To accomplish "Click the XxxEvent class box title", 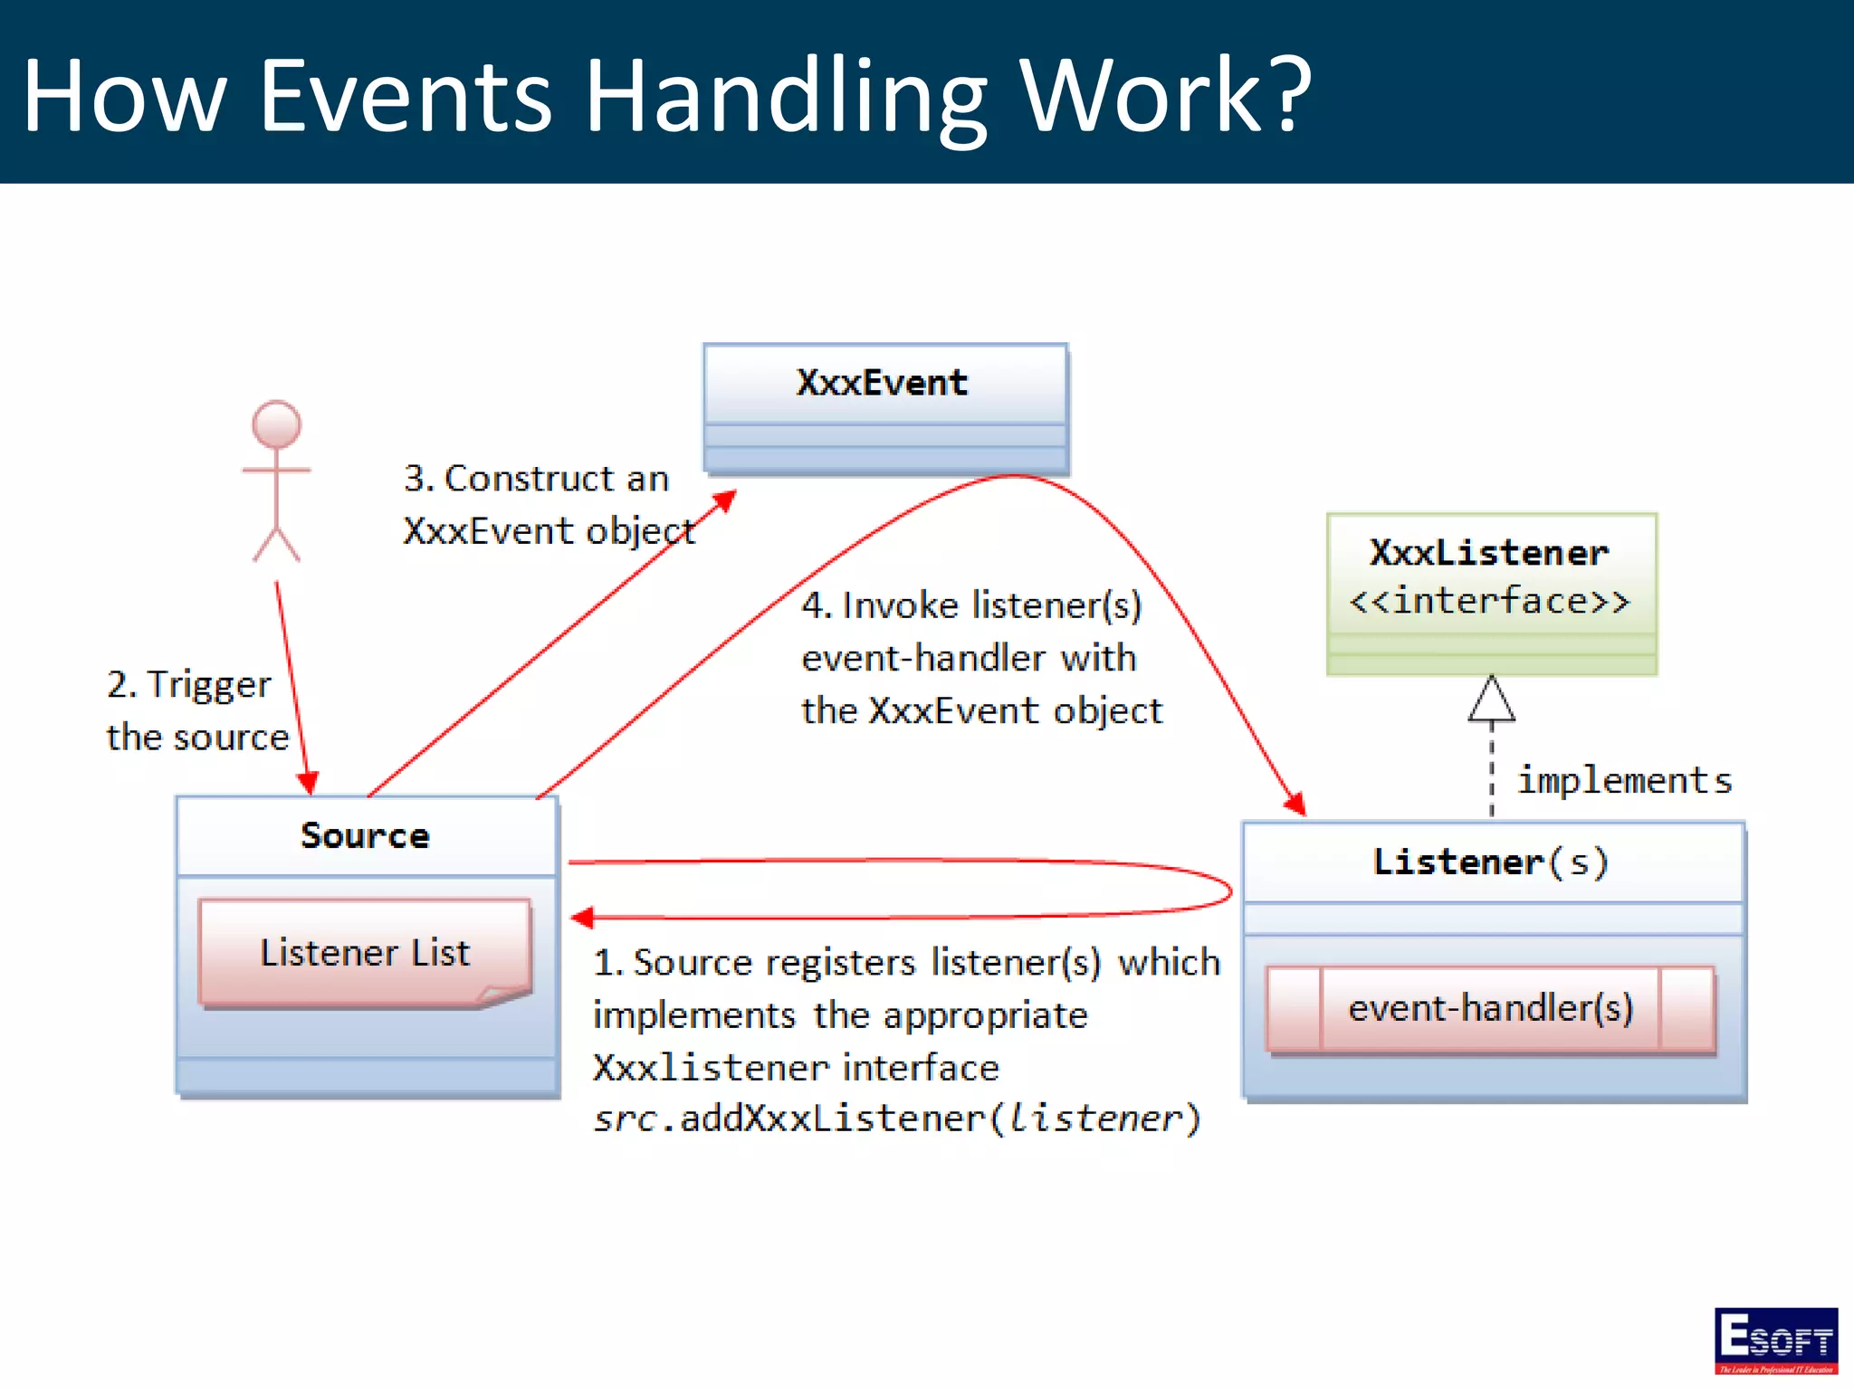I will pos(882,383).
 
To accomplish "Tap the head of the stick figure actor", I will pos(276,424).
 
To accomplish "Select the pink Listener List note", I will pos(365,952).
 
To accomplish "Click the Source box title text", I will pos(365,835).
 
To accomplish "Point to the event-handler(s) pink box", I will pos(1490,1008).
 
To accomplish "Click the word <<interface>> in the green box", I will pos(1489,601).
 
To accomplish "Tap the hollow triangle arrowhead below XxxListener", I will pos(1491,700).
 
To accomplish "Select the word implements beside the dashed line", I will pos(1624,780).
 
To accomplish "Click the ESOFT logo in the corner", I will pos(1775,1340).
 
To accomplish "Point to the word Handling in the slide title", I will pos(786,96).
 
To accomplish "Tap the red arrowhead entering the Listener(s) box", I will pos(1295,803).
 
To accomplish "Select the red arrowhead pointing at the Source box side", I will pos(582,918).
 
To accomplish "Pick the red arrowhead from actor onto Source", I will pos(308,783).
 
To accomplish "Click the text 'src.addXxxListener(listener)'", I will pos(896,1119).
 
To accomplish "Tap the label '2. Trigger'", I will pos(188,684).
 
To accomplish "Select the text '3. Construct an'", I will pos(536,478).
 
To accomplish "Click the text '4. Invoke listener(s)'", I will pos(971,605).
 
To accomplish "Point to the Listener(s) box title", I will pos(1490,862).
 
